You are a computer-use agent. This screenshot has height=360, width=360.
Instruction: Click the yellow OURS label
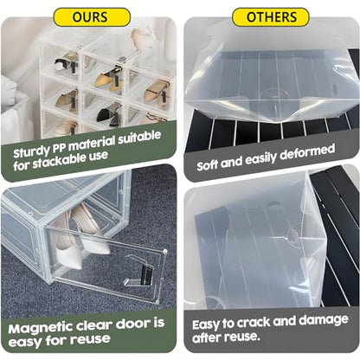pyautogui.click(x=92, y=17)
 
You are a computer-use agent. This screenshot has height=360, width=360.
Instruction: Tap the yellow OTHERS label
pyautogui.click(x=271, y=17)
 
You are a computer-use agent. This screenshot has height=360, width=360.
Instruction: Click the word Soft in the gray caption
pyautogui.click(x=208, y=165)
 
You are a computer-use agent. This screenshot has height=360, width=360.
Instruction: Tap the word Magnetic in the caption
pyautogui.click(x=40, y=328)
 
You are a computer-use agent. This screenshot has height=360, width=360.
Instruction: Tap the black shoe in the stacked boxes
pyautogui.click(x=108, y=113)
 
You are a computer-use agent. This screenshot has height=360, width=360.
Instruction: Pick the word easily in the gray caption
pyautogui.click(x=260, y=159)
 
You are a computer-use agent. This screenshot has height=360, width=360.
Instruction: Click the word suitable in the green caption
pyautogui.click(x=139, y=137)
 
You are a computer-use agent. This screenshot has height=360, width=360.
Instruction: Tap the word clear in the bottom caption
pyautogui.click(x=94, y=325)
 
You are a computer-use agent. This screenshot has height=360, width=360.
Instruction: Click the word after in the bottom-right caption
pyautogui.click(x=205, y=337)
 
